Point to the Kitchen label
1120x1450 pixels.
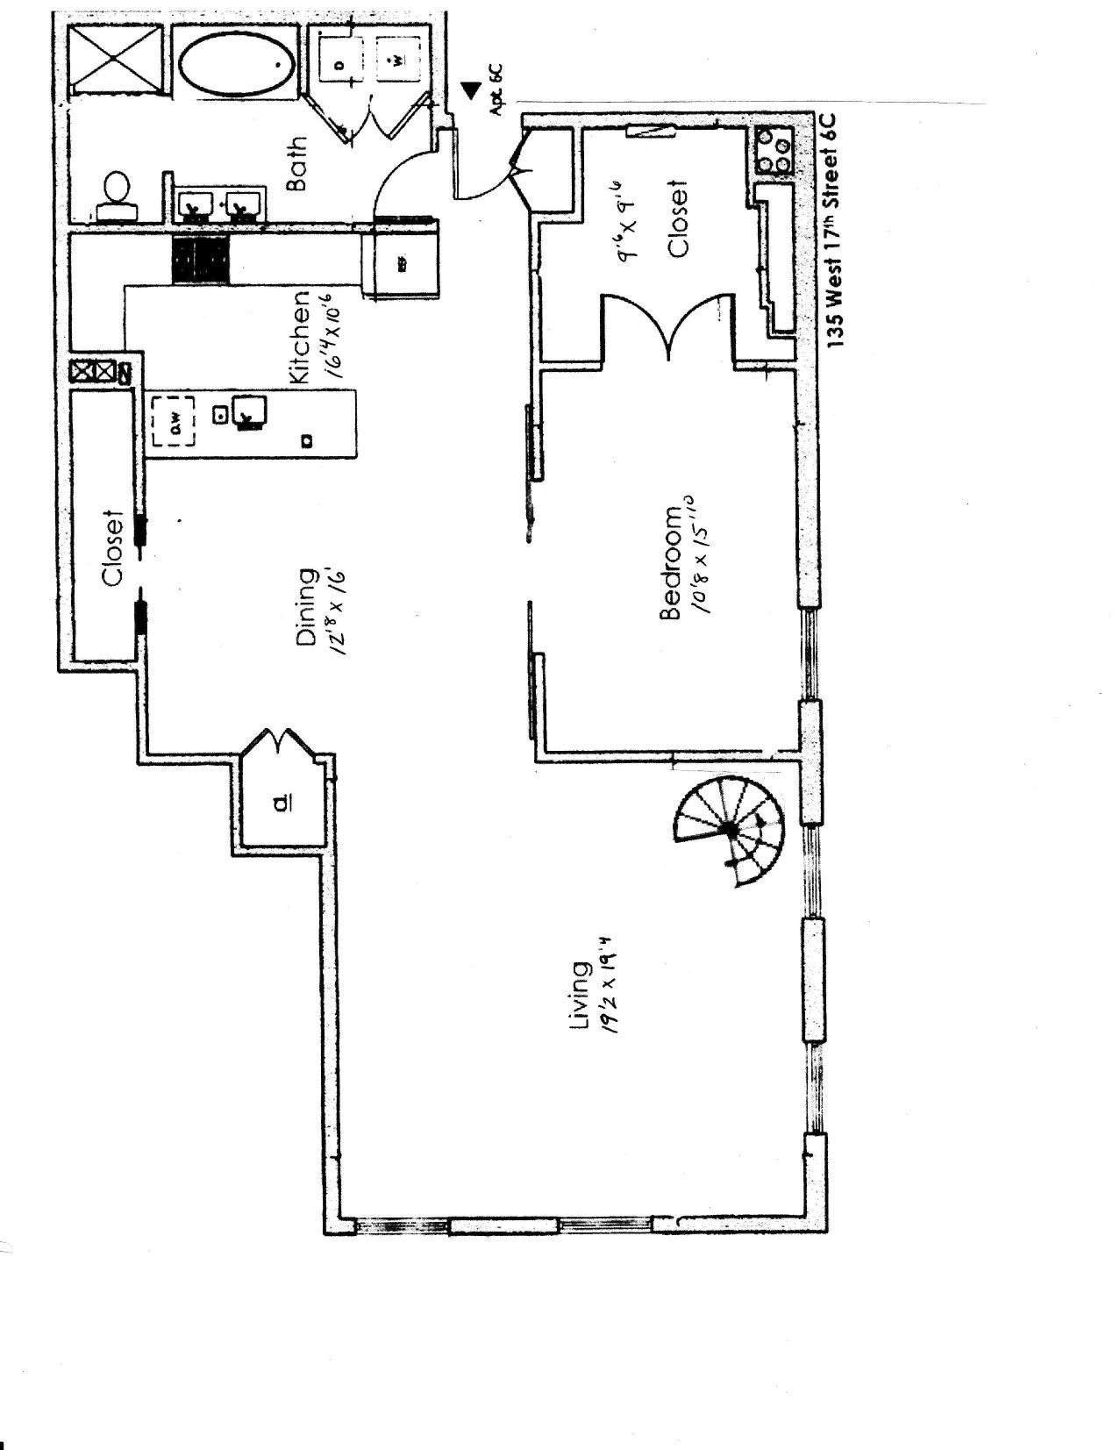pos(299,337)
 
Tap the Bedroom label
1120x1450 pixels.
pos(671,562)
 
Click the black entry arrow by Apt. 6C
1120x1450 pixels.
pos(471,89)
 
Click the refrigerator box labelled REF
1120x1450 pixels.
pos(403,261)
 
